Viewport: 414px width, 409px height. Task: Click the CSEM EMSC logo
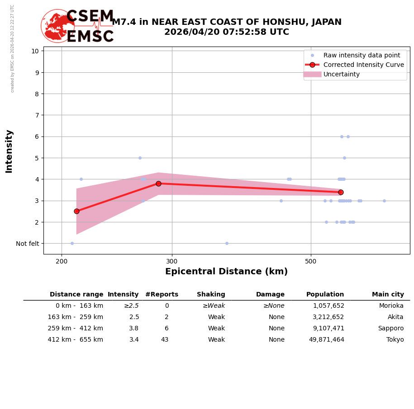[77, 26]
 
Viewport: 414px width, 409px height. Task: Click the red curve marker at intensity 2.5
[76, 211]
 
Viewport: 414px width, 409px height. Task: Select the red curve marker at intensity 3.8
[158, 183]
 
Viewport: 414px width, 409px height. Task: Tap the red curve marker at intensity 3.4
[341, 192]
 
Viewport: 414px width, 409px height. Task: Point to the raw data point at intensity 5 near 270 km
[140, 158]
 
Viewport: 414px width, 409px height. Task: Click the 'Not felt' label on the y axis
[27, 244]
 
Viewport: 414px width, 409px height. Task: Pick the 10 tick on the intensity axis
[35, 51]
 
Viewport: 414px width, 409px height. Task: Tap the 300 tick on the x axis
[172, 261]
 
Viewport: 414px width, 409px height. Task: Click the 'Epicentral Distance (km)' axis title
[226, 272]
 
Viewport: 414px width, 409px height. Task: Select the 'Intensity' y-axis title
[9, 151]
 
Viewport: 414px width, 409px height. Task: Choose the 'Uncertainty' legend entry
[342, 75]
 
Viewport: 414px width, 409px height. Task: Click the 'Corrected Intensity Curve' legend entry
[363, 65]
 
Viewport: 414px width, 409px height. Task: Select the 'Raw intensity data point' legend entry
[362, 55]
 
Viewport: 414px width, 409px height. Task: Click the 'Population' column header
[325, 295]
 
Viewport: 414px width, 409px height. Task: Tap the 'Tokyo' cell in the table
[395, 340]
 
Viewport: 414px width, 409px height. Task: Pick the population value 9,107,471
[328, 329]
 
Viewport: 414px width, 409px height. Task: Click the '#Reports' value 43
[165, 340]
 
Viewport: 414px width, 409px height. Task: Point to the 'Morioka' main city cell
[391, 306]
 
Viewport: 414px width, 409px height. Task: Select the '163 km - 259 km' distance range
[75, 317]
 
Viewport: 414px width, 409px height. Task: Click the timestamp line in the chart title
[226, 33]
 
